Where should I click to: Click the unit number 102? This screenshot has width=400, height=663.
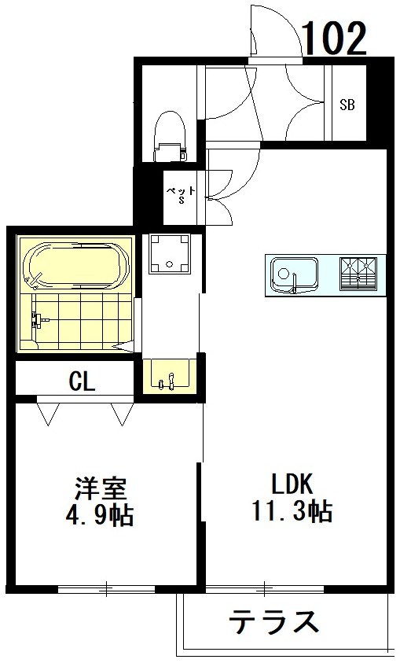[335, 39]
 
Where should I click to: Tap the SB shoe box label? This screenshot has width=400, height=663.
[347, 104]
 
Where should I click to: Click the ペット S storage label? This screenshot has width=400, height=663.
[181, 195]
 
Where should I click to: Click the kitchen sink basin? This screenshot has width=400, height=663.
[295, 274]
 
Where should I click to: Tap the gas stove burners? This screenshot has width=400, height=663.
[358, 274]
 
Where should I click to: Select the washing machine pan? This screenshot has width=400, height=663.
[170, 254]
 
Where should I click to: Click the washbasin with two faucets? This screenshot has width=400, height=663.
[169, 376]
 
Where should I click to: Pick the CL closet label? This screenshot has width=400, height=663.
[83, 381]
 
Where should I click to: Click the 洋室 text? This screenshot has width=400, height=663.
[101, 488]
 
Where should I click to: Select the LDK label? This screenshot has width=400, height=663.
[292, 484]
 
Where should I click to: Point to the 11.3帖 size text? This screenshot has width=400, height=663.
[292, 510]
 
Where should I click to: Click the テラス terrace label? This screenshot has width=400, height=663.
[273, 621]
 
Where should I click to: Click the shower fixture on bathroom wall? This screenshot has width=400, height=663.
[37, 321]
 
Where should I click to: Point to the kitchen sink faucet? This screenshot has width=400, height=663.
[295, 283]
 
